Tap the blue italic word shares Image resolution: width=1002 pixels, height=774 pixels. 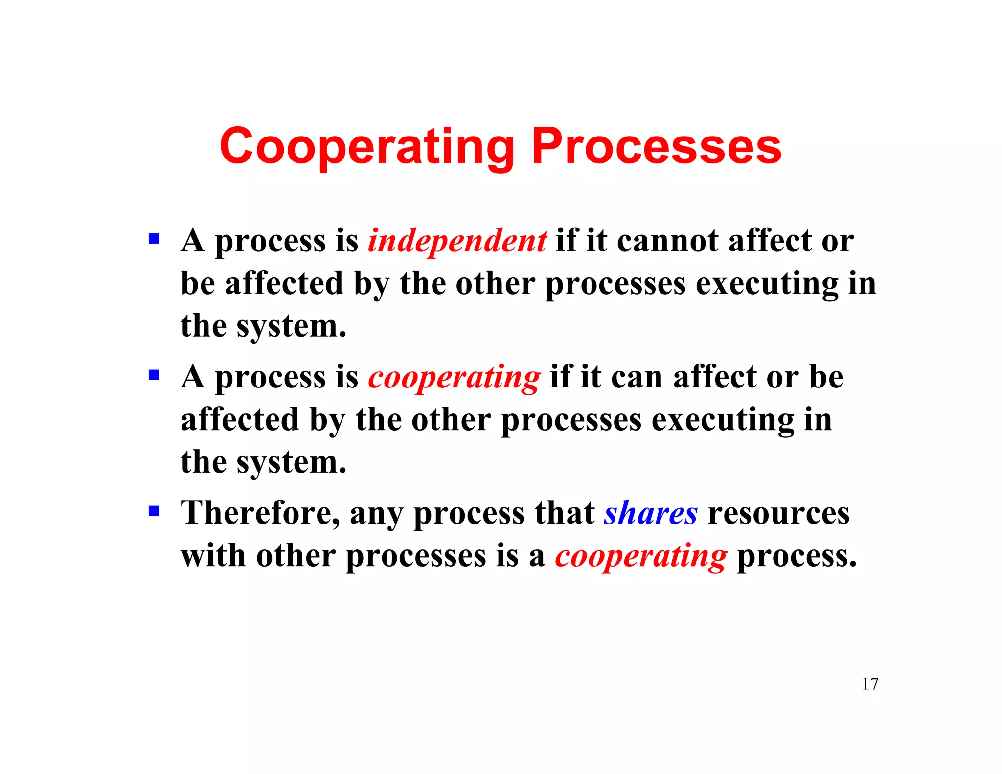point(651,513)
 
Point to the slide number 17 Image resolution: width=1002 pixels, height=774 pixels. point(870,683)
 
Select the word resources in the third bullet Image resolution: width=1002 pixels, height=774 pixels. point(779,513)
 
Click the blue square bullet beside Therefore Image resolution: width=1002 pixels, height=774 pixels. point(154,511)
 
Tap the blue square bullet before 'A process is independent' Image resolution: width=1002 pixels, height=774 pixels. point(154,239)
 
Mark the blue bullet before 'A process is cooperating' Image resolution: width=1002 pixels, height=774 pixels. point(154,375)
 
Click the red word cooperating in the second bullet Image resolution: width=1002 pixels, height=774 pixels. point(454,378)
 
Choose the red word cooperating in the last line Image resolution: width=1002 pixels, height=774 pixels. point(641,556)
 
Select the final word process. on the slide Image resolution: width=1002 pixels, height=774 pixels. point(797,556)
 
